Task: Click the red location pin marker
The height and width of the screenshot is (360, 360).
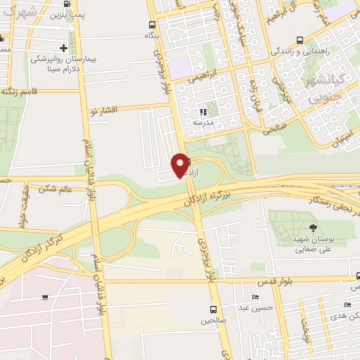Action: point(180,165)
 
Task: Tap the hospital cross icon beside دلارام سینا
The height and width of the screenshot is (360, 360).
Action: point(64,49)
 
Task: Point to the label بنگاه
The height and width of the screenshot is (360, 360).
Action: point(151,34)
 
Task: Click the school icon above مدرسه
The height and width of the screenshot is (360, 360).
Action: point(203,111)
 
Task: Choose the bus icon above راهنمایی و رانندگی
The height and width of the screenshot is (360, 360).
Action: point(300,40)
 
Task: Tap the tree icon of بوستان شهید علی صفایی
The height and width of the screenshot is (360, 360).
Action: point(311,227)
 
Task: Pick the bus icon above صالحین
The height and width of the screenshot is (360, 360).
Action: point(213,309)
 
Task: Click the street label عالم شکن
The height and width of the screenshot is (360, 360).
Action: point(57,188)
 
